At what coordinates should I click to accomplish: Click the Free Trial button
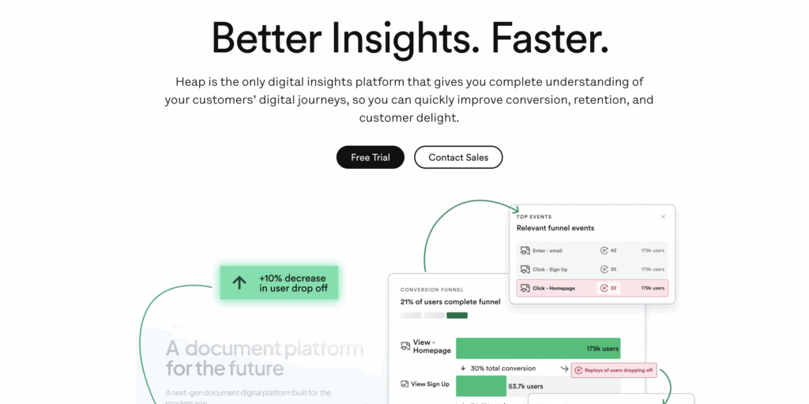point(371,157)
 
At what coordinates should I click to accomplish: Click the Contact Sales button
point(458,157)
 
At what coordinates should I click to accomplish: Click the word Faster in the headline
point(551,37)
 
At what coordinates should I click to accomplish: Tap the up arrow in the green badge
point(239,282)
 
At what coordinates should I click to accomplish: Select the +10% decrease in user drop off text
point(293,282)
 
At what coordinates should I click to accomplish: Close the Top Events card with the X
point(663,216)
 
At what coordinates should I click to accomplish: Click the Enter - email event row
point(592,250)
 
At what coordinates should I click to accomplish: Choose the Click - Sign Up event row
point(592,269)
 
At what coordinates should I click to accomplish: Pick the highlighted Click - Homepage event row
point(592,288)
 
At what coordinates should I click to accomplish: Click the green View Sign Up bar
point(480,386)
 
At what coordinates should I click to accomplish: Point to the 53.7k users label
point(525,386)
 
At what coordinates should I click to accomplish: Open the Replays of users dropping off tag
point(614,369)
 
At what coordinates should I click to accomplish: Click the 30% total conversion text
point(502,368)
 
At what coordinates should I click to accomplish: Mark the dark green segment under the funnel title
point(457,316)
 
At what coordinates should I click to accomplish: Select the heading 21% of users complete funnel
point(450,302)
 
